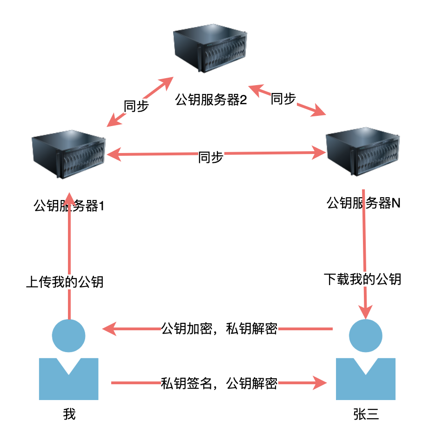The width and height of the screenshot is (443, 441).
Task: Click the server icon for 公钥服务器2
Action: point(209,50)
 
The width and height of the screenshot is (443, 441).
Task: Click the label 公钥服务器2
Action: point(211,100)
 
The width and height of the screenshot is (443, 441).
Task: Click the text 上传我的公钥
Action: point(64,282)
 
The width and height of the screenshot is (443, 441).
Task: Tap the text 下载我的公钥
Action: point(362,280)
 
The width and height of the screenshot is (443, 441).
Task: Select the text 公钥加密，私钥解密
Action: point(219,329)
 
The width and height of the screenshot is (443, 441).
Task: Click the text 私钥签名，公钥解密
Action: point(219,383)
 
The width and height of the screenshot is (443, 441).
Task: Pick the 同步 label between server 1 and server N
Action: point(211,157)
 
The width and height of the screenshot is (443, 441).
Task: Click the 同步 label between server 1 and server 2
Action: point(136,106)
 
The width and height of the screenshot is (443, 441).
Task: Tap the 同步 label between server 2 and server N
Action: point(283,98)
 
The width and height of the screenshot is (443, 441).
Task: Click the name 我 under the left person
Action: point(69,414)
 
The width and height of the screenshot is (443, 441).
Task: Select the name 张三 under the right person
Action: point(366,414)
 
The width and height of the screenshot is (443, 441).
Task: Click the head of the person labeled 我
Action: point(69,335)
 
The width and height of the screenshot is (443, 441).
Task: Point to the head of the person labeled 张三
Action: point(366,335)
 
